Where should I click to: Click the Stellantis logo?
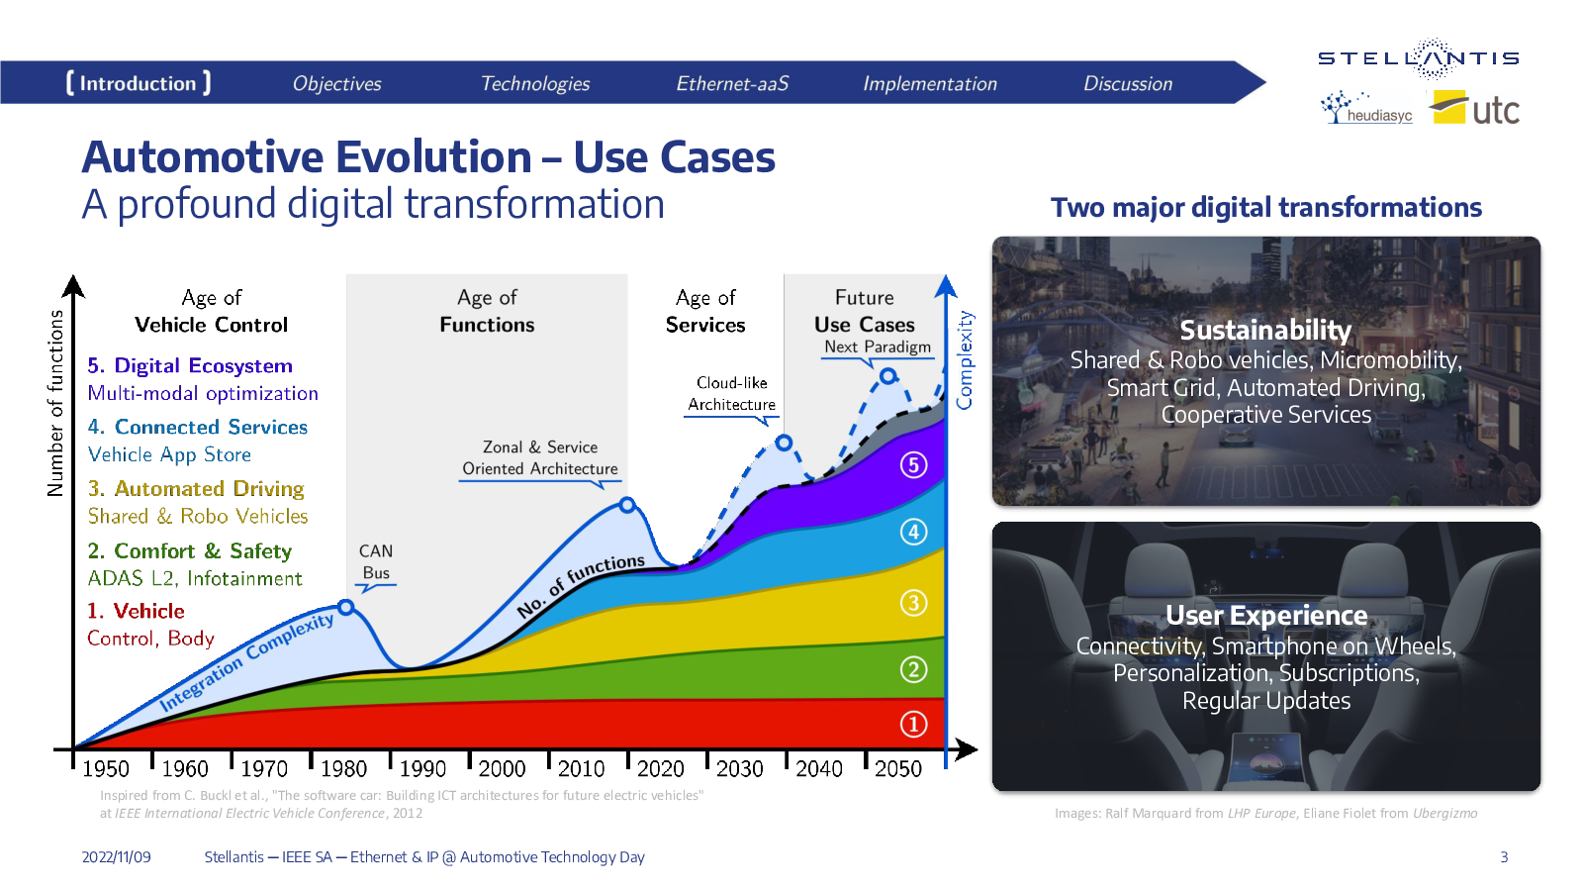(x=1419, y=58)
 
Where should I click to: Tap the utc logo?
(x=1474, y=108)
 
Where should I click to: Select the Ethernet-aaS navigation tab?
(x=732, y=83)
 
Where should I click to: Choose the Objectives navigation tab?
(x=337, y=83)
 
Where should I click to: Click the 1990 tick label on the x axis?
(x=422, y=768)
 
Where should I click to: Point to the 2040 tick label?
(x=819, y=768)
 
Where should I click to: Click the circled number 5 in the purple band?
(x=913, y=465)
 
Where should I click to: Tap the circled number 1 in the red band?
(x=913, y=724)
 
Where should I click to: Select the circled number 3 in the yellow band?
(x=913, y=603)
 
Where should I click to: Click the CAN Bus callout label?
(x=376, y=561)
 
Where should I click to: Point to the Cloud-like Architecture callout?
(x=731, y=393)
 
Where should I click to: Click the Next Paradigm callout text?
(x=877, y=346)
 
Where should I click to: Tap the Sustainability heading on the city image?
(x=1265, y=331)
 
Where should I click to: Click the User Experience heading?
(x=1265, y=615)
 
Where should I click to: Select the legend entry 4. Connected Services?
(x=197, y=427)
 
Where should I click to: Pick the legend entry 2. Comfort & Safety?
(x=189, y=550)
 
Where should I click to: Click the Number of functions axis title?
(x=55, y=403)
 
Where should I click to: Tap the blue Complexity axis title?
(x=964, y=360)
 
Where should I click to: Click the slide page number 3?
(x=1504, y=857)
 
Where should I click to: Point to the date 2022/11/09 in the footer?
(x=116, y=857)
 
